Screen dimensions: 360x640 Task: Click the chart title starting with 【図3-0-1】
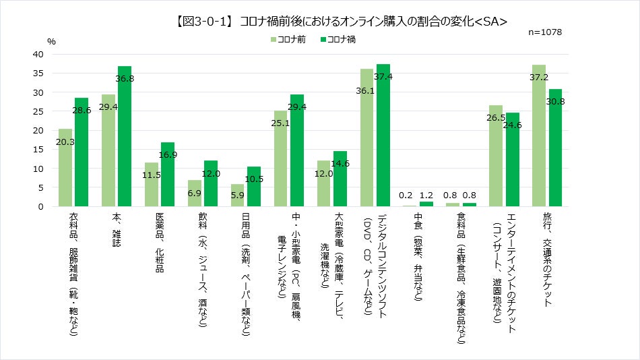[x=335, y=22]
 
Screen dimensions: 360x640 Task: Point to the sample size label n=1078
[x=544, y=32]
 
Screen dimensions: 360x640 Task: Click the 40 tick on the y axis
[x=38, y=54]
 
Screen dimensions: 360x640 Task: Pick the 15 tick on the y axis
[x=38, y=149]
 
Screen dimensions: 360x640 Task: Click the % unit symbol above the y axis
[x=52, y=42]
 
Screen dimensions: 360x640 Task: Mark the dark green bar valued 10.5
[x=254, y=186]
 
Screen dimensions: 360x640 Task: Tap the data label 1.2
[x=426, y=196]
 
